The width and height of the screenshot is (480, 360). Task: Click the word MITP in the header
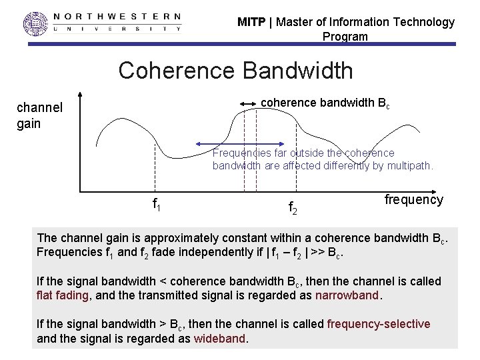tap(251, 22)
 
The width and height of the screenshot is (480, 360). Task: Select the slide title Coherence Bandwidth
tap(235, 70)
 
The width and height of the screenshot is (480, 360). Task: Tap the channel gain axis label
tap(39, 115)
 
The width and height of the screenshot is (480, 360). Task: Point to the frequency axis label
tap(413, 199)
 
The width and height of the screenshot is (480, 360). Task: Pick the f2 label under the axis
tap(293, 209)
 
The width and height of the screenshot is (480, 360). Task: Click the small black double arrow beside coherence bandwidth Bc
tap(248, 103)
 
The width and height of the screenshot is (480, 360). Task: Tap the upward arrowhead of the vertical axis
tap(79, 96)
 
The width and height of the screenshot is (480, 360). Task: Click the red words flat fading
tap(62, 295)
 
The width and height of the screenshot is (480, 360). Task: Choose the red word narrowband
tap(347, 295)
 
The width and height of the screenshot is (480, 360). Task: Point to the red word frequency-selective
tap(379, 324)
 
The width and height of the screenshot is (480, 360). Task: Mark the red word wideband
tap(220, 339)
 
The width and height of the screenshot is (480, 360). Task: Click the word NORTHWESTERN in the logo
tap(117, 16)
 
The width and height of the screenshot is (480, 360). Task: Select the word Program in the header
tap(345, 37)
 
